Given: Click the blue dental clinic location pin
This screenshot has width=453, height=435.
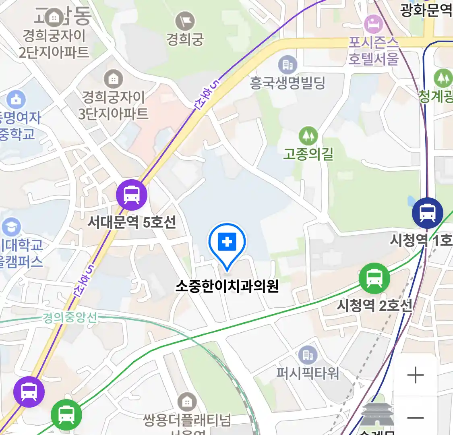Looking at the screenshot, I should [227, 243].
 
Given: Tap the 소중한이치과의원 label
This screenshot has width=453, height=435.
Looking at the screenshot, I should [227, 286].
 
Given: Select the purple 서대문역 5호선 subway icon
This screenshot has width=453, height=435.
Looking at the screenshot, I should [132, 195].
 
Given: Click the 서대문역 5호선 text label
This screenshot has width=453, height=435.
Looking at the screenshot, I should [132, 222].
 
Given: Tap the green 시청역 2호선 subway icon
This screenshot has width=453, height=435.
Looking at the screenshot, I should [374, 278].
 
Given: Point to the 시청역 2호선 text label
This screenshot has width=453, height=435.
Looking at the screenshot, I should [374, 305].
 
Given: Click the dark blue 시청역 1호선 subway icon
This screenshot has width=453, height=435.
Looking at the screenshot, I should [427, 213].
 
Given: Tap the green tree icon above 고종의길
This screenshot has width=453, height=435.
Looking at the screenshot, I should [308, 136].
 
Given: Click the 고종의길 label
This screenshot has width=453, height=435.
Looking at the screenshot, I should [308, 154].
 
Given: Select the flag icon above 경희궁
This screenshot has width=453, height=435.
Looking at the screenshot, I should [185, 21].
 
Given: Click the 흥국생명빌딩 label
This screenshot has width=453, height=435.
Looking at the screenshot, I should [288, 83].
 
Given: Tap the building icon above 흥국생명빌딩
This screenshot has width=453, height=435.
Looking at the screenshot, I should [288, 64].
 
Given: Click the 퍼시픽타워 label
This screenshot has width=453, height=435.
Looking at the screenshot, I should [308, 373].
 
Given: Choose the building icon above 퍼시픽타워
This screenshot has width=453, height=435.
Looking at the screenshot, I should [308, 355].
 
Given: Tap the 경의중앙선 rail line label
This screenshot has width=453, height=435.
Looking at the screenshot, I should [70, 318].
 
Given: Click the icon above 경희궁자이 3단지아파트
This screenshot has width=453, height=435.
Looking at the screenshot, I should [114, 79].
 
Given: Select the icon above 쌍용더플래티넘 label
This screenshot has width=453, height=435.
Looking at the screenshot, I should [187, 402].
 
